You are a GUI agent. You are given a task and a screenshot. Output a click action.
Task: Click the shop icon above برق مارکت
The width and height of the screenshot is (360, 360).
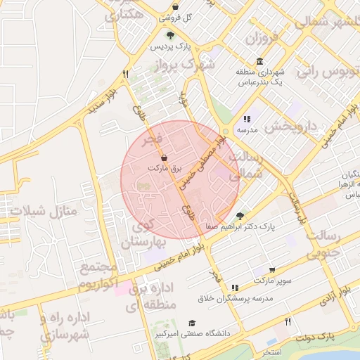click(x=165, y=158)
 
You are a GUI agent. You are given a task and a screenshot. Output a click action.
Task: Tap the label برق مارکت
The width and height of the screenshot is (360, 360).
click(x=165, y=169)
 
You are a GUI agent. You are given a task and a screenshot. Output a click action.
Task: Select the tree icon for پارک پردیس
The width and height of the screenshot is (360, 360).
click(x=169, y=34)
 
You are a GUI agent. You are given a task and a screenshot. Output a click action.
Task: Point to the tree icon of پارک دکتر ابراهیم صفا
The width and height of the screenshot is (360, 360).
click(x=240, y=216)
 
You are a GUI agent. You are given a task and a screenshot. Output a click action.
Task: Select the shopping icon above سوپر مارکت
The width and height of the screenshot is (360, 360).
click(x=272, y=269)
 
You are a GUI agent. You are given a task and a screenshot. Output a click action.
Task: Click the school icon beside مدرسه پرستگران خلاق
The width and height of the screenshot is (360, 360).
click(x=235, y=288)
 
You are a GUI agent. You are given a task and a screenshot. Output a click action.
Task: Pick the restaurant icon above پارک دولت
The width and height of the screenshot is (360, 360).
click(x=288, y=321)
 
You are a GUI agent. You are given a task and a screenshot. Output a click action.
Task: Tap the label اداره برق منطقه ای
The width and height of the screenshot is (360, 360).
click(x=149, y=297)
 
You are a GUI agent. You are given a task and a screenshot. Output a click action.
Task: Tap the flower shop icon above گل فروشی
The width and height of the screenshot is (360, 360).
click(x=174, y=6)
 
